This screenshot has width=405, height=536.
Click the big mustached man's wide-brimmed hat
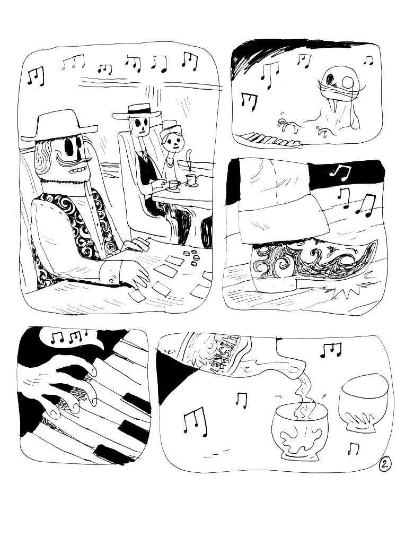pyautogui.click(x=58, y=125)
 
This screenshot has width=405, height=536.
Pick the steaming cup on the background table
pyautogui.click(x=191, y=179)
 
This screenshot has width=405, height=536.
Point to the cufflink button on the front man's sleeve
pyautogui.click(x=113, y=276)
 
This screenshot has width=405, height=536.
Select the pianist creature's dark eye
pyautogui.click(x=331, y=80)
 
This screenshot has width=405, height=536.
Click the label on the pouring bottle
pyautogui.click(x=212, y=353)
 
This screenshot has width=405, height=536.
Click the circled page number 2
pyautogui.click(x=385, y=464)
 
